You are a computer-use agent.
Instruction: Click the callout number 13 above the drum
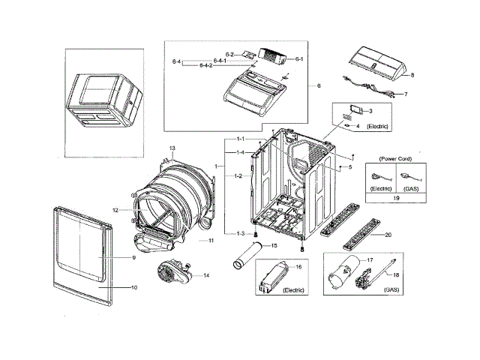172,149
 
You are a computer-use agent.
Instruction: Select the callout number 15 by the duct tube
274,246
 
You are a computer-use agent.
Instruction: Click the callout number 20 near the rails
388,235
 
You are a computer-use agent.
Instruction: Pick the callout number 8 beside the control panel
412,76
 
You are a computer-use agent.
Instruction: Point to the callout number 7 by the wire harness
405,95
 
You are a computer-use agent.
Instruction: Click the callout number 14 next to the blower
205,275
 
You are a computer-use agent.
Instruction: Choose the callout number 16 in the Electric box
298,267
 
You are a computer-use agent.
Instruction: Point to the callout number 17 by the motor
369,259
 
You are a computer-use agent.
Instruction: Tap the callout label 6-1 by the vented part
298,58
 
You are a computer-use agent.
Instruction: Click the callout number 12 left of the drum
116,210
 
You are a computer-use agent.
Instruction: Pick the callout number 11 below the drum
211,241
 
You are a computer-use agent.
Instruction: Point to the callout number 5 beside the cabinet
349,166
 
